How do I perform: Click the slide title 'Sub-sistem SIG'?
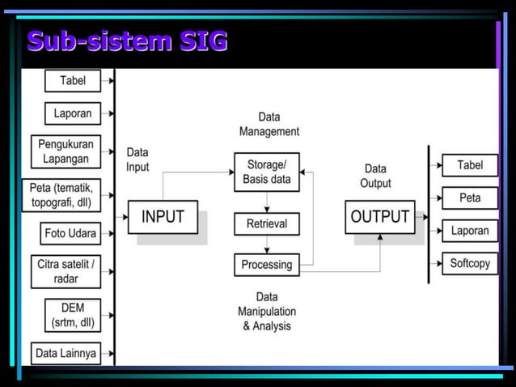(126, 40)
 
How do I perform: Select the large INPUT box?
(163, 217)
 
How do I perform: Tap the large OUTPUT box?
(379, 217)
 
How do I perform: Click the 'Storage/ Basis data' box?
(267, 172)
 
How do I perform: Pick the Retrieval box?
(267, 223)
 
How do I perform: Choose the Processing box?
(267, 265)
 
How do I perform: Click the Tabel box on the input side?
(73, 81)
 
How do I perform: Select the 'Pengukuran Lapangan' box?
(66, 151)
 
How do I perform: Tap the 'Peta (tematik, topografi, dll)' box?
(66, 195)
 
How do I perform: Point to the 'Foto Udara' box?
(71, 234)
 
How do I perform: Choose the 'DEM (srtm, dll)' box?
(73, 315)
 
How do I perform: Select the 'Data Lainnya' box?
(66, 353)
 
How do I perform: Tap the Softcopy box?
(470, 264)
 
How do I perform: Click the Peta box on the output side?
(470, 198)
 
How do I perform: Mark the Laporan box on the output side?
(470, 231)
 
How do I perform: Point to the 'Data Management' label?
(269, 125)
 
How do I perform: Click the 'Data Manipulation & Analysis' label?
(267, 312)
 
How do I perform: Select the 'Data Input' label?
(138, 159)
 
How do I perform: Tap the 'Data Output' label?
(375, 176)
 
